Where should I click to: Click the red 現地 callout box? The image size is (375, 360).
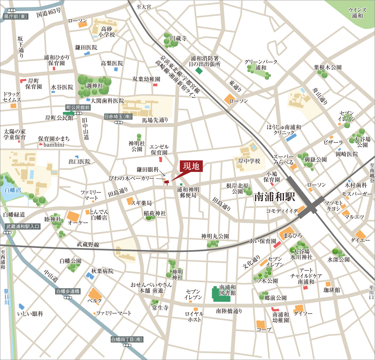191,166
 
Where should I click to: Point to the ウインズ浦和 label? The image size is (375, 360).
357,13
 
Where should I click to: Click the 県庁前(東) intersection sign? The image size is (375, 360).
16,16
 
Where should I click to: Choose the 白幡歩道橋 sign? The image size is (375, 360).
68,291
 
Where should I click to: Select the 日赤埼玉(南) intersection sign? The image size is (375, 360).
118,117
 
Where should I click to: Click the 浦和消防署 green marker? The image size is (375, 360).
199,71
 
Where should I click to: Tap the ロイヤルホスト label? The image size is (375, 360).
194,316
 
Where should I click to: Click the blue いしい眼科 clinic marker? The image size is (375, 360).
22,306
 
